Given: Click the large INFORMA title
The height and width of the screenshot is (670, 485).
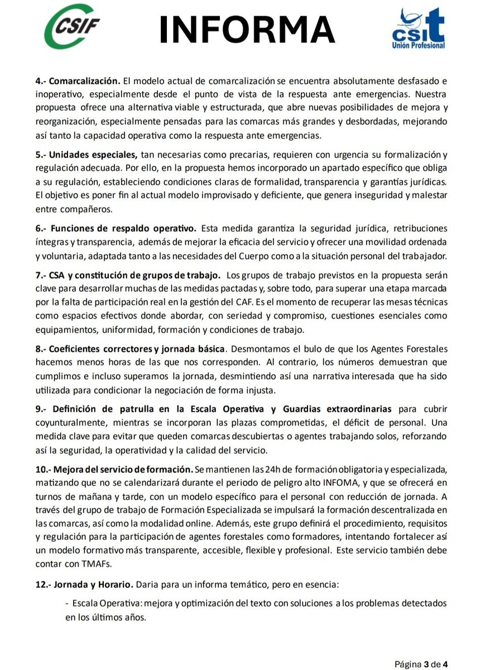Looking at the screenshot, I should tap(247, 30).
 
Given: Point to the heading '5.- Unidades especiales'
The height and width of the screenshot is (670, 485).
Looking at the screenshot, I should tap(85, 155).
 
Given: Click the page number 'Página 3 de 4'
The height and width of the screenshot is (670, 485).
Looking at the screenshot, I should tap(421, 664).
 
